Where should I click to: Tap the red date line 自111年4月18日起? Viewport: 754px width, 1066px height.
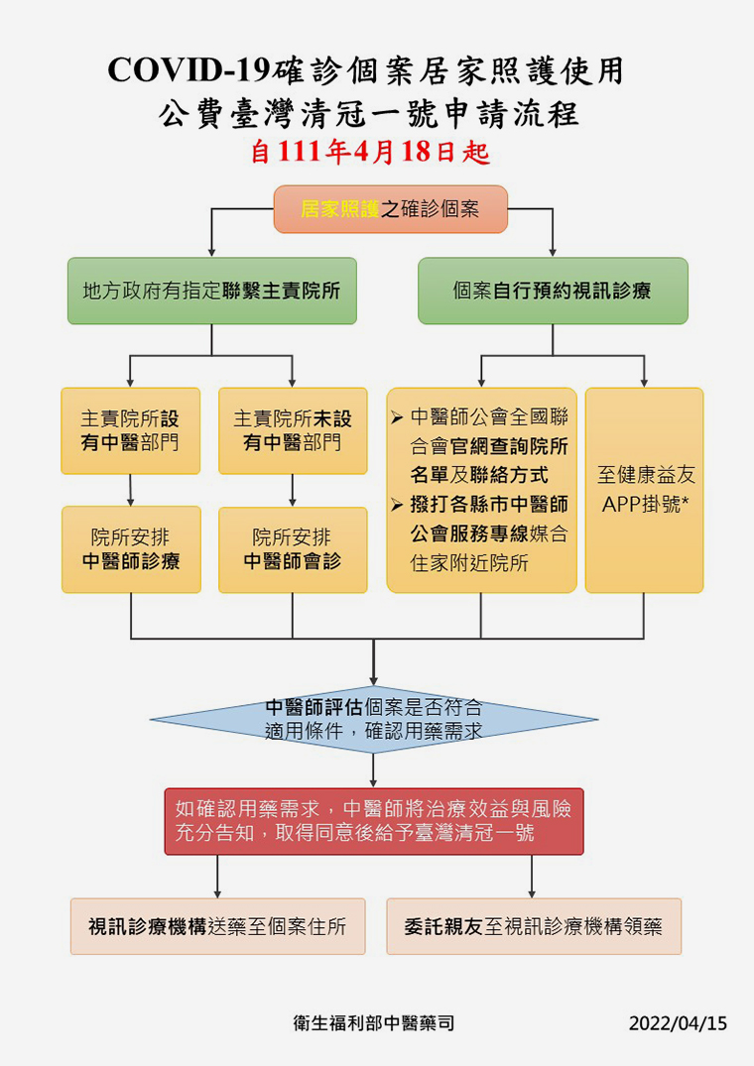click(370, 152)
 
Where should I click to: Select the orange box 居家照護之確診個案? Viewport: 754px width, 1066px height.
click(390, 209)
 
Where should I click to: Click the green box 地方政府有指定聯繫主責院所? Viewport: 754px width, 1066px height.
click(212, 291)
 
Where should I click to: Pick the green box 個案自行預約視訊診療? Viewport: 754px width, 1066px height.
click(553, 291)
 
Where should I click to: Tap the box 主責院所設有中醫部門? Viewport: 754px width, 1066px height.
click(131, 431)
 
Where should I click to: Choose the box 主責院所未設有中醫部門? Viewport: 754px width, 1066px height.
click(293, 431)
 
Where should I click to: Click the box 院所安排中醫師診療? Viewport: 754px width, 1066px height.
click(131, 549)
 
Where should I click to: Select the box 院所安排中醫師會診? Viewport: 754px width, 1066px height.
click(293, 549)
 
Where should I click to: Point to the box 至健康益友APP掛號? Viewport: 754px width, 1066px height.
click(645, 490)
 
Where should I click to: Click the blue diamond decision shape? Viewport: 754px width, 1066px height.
click(373, 719)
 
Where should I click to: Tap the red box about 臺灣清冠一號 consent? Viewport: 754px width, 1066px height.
click(374, 821)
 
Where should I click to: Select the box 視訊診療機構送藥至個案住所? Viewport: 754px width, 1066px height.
click(217, 926)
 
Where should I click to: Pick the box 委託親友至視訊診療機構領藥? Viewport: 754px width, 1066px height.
click(534, 926)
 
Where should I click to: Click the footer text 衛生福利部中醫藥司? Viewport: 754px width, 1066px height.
click(374, 1023)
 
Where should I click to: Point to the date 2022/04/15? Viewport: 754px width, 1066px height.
click(678, 1023)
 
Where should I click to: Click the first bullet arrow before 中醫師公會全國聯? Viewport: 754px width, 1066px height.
click(398, 417)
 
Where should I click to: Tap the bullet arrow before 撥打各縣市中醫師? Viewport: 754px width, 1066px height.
click(398, 505)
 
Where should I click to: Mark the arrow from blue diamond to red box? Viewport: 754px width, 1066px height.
click(373, 770)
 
